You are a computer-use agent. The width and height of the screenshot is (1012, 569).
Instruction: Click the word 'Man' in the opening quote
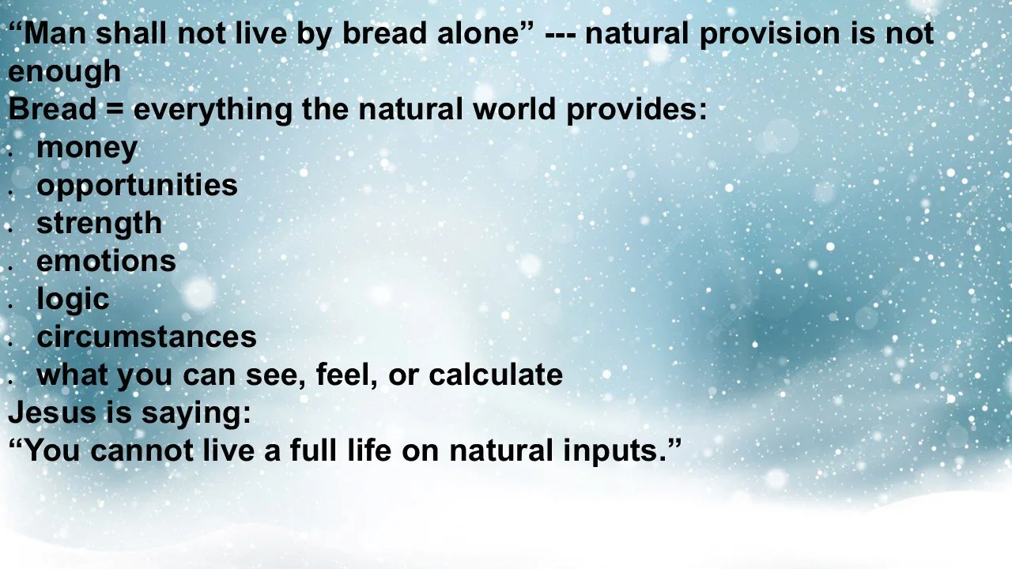51,34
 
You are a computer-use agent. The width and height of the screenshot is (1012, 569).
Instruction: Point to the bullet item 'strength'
99,224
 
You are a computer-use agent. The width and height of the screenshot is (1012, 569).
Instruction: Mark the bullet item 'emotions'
106,261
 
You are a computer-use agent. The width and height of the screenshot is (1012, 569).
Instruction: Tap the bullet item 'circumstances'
146,337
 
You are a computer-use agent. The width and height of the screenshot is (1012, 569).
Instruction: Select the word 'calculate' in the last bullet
496,375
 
